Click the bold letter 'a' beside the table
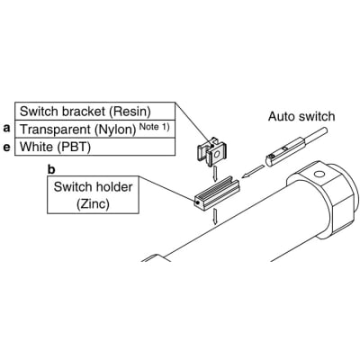click(6, 130)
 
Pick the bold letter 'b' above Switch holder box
click(50, 167)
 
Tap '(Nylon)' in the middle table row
click(110, 129)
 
